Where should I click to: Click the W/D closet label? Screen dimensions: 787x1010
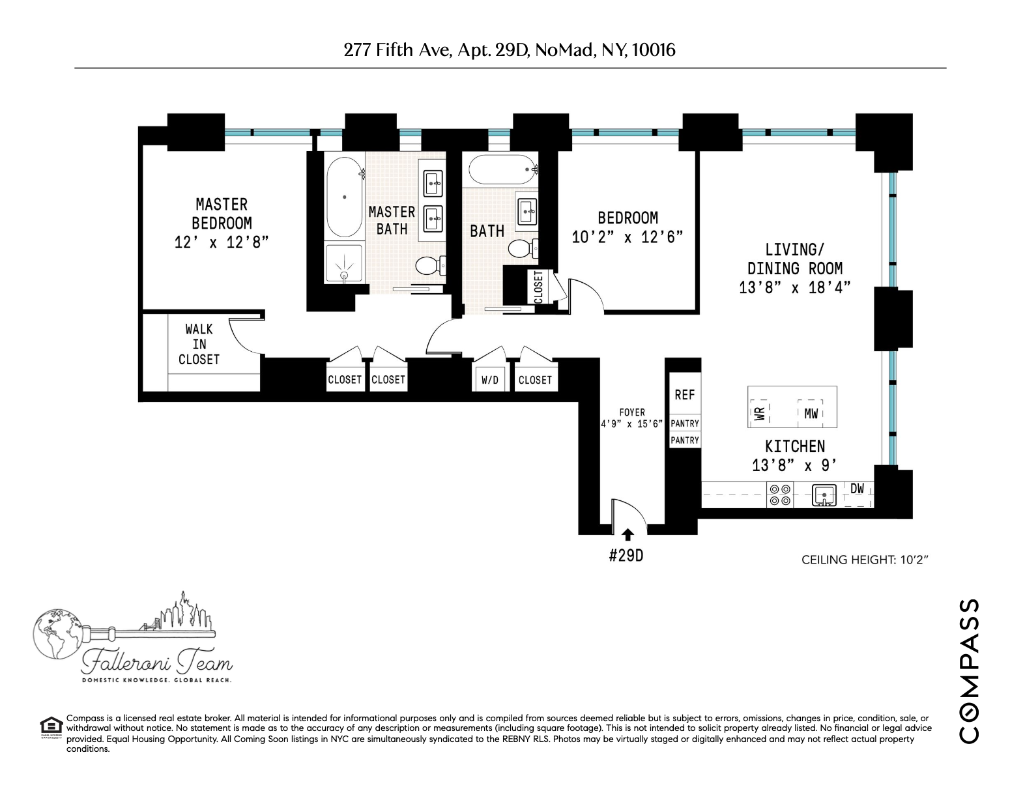[489, 380]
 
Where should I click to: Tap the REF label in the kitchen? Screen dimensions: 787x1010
[684, 395]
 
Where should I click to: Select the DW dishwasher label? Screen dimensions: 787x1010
[858, 489]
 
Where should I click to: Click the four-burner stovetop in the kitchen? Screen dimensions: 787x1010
[780, 494]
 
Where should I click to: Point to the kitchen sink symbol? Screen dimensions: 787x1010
[824, 495]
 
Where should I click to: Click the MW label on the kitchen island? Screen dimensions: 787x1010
[811, 413]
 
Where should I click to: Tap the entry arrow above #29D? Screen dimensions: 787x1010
[628, 535]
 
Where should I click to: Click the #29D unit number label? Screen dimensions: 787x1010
[626, 557]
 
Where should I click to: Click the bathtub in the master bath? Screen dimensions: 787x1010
[343, 197]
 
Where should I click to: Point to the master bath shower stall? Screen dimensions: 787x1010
[343, 264]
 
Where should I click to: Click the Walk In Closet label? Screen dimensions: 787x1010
[199, 344]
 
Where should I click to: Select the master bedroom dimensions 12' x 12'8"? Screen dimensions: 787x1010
[222, 242]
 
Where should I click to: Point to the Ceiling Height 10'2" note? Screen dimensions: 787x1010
[864, 560]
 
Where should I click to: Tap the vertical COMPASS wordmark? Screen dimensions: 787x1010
[969, 670]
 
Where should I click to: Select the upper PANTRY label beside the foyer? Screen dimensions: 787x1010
[684, 423]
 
